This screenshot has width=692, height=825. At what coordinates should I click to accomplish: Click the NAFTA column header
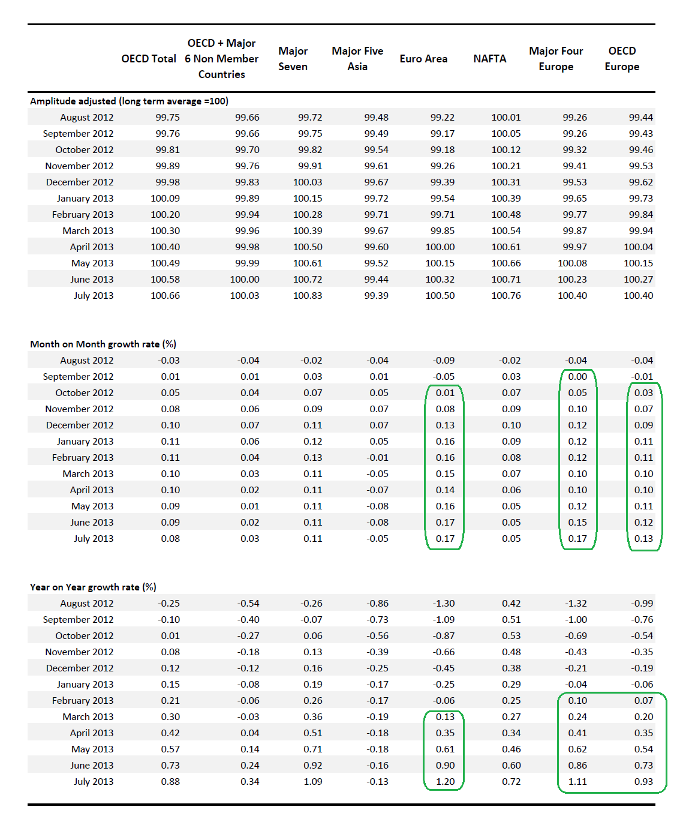click(489, 59)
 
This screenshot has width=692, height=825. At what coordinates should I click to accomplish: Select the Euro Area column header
click(423, 59)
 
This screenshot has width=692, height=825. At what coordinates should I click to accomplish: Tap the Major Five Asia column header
click(357, 59)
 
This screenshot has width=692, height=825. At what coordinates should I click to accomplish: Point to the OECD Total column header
click(149, 59)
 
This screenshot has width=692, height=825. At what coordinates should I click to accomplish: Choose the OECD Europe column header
click(622, 59)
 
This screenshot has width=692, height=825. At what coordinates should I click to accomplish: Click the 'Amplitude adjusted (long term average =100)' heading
click(129, 101)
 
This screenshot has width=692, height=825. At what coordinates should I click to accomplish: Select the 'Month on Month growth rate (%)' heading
click(103, 344)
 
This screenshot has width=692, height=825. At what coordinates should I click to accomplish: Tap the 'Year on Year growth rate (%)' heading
click(93, 587)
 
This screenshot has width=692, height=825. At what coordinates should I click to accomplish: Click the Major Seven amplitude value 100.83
click(308, 296)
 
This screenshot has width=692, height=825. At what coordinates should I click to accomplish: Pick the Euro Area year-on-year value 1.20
click(445, 782)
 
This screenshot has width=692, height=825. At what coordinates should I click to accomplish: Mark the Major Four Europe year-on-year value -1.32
click(576, 604)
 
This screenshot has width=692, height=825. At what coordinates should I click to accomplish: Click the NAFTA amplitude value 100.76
click(506, 296)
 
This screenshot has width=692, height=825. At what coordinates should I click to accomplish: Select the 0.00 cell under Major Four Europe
click(577, 377)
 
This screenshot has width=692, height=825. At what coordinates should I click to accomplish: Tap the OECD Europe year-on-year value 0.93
click(643, 782)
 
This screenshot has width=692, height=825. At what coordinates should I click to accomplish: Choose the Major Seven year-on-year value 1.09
click(312, 782)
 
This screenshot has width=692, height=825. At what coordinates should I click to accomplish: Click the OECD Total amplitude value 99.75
click(167, 118)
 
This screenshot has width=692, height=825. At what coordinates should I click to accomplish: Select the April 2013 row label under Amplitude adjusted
click(91, 247)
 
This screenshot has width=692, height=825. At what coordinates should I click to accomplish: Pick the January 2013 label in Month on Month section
click(85, 442)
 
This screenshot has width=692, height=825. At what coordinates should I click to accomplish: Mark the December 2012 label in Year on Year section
click(79, 668)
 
